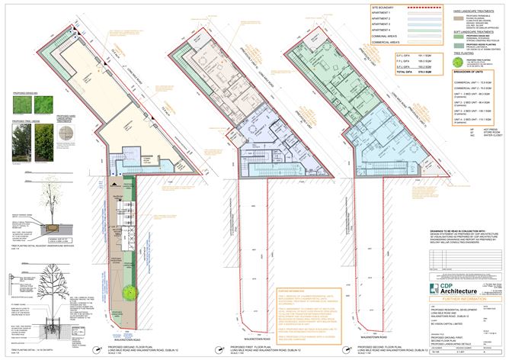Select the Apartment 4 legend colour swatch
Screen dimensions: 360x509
(x=397, y=28)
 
